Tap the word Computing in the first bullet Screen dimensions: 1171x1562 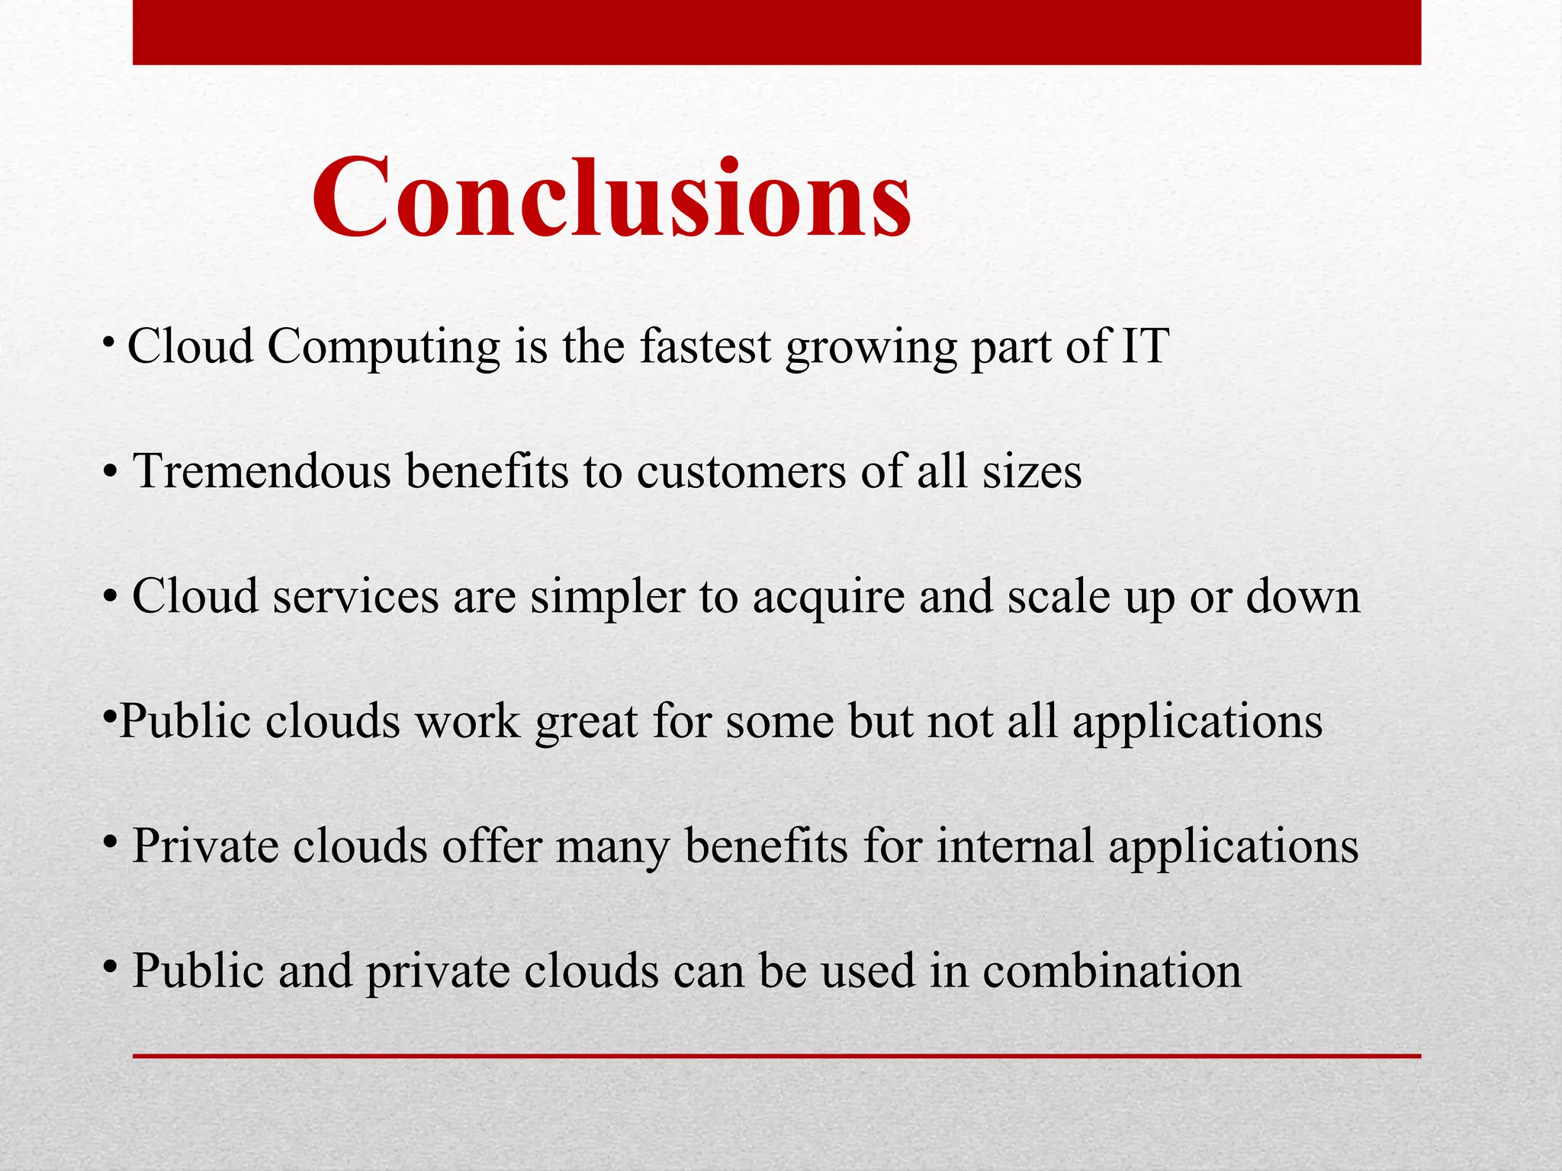(x=383, y=348)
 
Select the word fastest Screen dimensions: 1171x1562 (x=705, y=346)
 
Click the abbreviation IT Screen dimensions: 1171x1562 (x=1144, y=346)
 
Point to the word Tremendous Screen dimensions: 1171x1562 (x=262, y=471)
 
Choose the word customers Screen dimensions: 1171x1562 (x=741, y=471)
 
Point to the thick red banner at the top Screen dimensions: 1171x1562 (x=776, y=32)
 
